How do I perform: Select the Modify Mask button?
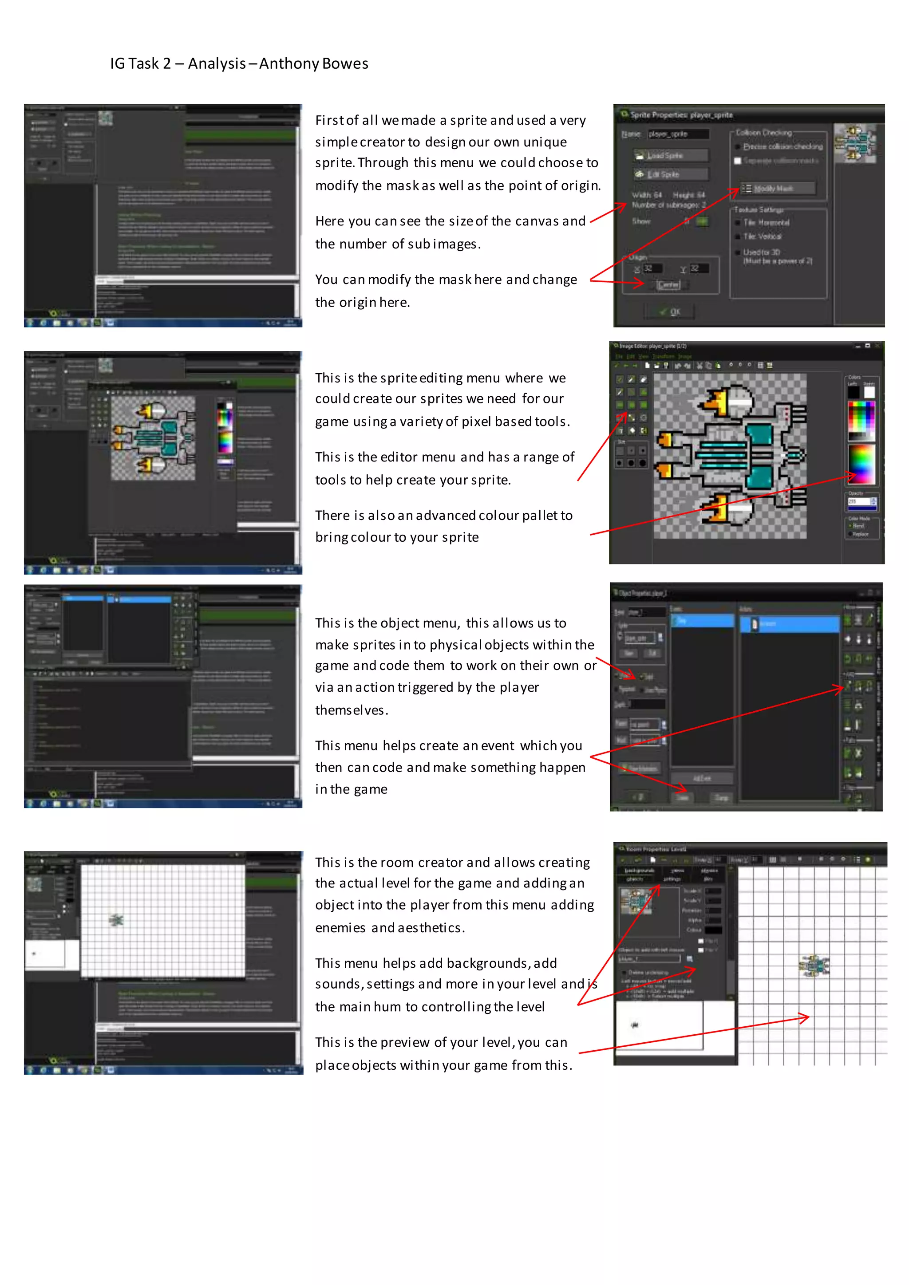click(777, 189)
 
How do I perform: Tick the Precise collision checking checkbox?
click(738, 146)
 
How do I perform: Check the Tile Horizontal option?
click(738, 223)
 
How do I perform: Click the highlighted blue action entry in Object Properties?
click(790, 624)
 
